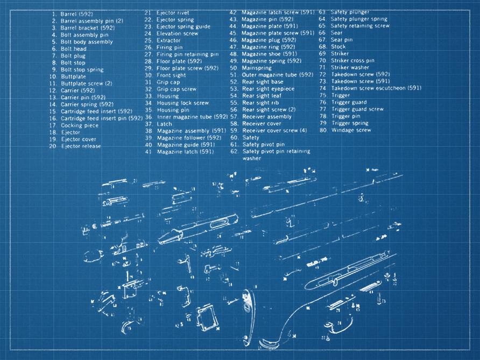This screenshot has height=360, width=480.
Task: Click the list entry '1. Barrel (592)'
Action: click(77, 13)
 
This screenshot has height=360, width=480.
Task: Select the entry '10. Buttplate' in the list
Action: click(73, 77)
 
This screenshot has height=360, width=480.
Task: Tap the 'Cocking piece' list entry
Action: click(79, 125)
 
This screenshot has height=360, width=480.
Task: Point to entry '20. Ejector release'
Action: click(80, 146)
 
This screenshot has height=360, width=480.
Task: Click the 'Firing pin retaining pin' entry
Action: click(187, 54)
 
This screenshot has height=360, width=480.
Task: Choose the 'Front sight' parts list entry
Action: click(171, 75)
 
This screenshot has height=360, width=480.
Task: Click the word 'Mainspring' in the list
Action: click(256, 68)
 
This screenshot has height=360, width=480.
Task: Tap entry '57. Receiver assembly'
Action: click(267, 117)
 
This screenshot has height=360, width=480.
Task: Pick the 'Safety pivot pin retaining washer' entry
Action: click(276, 155)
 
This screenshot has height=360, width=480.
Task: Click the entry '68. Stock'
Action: click(338, 47)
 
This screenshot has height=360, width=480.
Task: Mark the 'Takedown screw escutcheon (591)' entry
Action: click(376, 88)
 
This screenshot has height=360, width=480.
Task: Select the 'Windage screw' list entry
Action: click(351, 130)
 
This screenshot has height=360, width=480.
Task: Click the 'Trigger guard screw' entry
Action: click(357, 109)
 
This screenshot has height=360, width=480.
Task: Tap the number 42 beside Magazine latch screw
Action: click(234, 12)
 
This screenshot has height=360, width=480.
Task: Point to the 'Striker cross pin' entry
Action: click(352, 61)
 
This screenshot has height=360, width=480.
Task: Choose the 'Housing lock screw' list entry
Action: click(182, 103)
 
